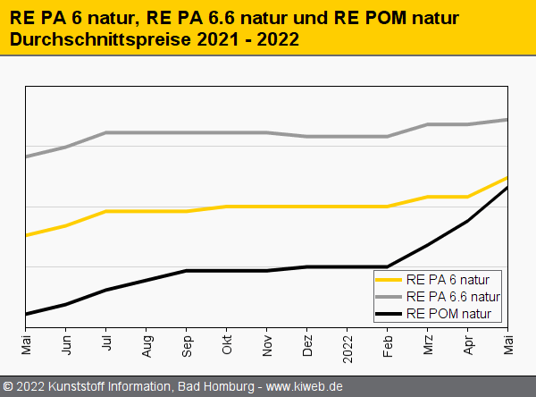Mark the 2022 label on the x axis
click(x=348, y=344)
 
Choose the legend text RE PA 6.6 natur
click(x=453, y=296)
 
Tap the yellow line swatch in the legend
click(x=389, y=279)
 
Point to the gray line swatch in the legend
click(x=389, y=296)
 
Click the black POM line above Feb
click(x=388, y=266)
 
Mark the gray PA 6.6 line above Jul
click(x=106, y=132)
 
